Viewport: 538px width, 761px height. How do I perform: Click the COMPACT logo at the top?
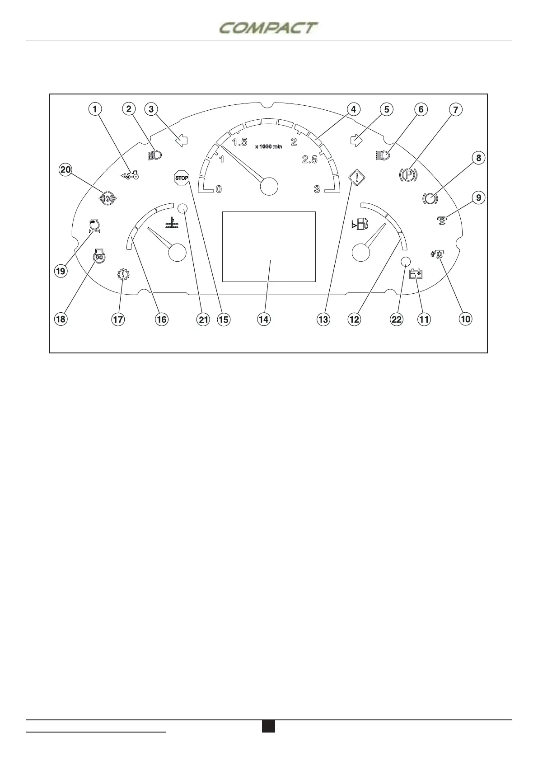(268, 28)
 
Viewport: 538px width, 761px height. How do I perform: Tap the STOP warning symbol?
(182, 178)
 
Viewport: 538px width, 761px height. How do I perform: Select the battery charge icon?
(416, 274)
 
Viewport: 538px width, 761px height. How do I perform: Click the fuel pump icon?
(360, 223)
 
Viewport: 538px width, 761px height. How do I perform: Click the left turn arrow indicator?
(181, 141)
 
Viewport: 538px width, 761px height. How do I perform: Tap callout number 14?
(264, 319)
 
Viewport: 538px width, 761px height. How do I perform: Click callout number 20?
(66, 169)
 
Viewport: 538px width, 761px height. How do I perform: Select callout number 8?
(478, 158)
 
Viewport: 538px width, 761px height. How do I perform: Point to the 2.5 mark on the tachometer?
(309, 160)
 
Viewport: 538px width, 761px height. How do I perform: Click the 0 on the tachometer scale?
(219, 189)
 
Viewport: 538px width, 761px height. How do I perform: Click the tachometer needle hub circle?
(269, 186)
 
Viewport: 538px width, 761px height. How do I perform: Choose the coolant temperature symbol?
(172, 222)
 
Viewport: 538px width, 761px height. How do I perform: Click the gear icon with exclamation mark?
(122, 275)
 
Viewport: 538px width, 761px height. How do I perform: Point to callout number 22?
(397, 319)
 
